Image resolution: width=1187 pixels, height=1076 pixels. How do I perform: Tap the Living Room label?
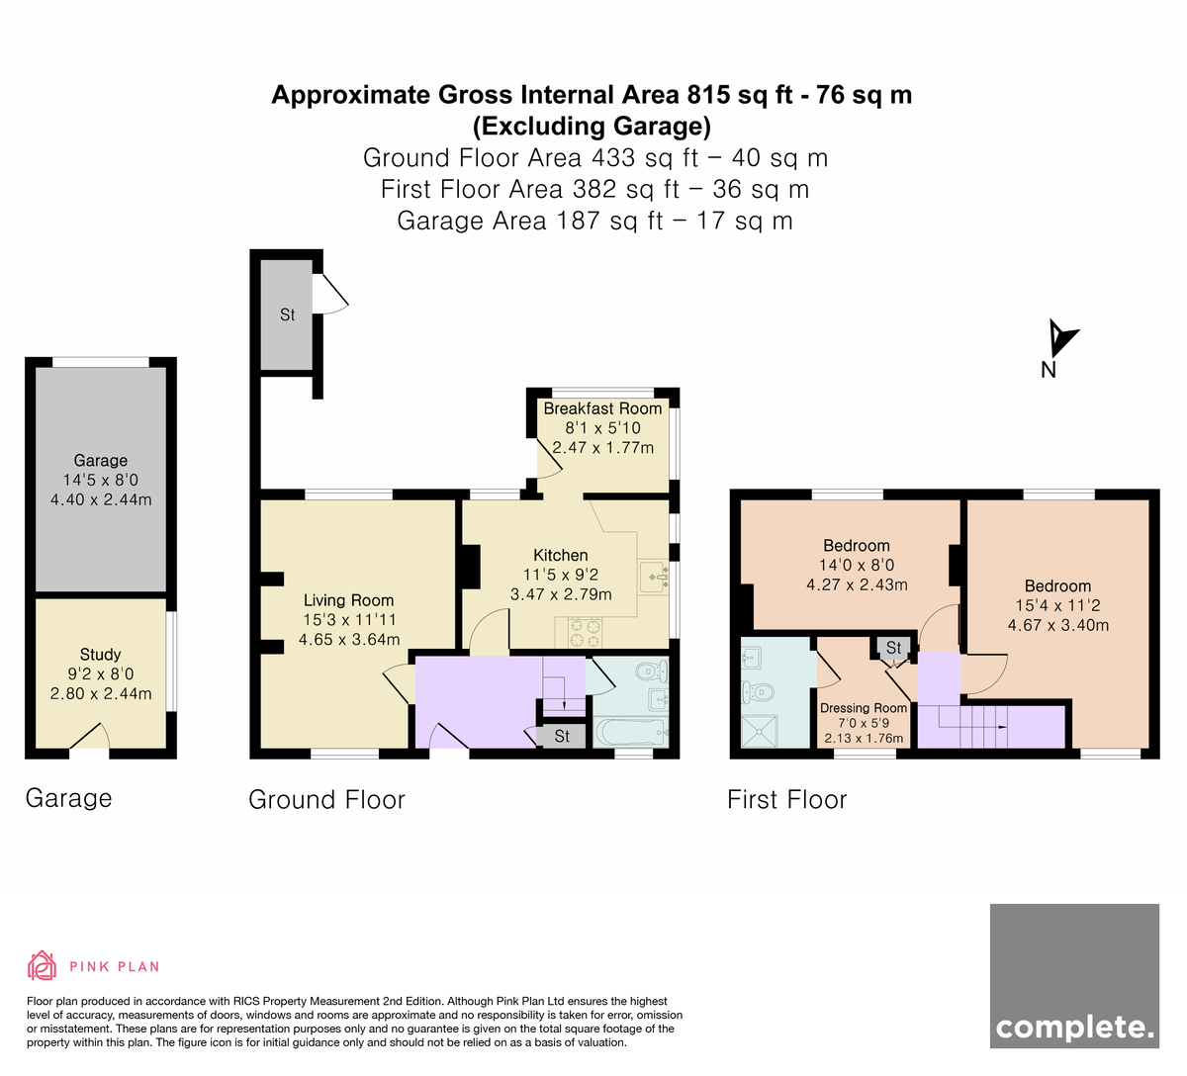(x=348, y=600)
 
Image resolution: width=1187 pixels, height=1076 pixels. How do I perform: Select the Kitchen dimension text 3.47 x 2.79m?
(x=561, y=594)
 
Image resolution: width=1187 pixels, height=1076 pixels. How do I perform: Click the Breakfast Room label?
(x=602, y=408)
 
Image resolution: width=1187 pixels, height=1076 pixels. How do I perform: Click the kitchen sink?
(x=655, y=576)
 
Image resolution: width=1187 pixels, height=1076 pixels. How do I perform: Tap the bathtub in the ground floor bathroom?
(x=632, y=733)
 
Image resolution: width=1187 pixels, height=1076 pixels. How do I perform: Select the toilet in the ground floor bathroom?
(x=653, y=672)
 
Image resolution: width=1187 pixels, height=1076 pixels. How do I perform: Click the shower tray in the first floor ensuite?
(x=759, y=731)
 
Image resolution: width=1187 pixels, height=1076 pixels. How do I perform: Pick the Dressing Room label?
(x=864, y=708)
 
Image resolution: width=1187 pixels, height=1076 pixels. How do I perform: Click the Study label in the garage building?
(x=100, y=655)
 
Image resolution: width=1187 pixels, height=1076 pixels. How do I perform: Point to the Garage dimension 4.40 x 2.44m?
(x=101, y=499)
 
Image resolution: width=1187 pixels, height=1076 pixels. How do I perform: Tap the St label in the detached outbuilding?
(x=287, y=314)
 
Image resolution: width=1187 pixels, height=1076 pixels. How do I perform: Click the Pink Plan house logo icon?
(x=42, y=966)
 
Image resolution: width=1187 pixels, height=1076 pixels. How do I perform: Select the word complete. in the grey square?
(x=1074, y=1029)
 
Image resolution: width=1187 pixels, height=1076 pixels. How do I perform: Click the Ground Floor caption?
(x=326, y=800)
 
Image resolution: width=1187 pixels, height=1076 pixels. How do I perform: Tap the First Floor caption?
(x=787, y=800)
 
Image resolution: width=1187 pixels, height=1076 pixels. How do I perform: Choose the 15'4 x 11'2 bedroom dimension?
(x=1058, y=605)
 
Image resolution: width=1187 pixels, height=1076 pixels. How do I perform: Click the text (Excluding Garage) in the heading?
(x=592, y=126)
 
